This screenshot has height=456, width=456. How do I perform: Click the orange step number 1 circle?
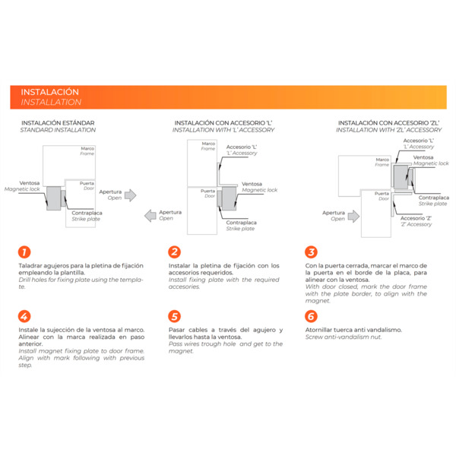coord(24,252)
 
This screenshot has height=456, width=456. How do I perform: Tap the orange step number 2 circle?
coord(174,252)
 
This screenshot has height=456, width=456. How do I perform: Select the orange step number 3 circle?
coord(311,252)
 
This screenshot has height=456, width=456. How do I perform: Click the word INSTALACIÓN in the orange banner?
coord(50,92)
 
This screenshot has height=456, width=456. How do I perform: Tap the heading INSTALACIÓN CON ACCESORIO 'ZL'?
coord(389,122)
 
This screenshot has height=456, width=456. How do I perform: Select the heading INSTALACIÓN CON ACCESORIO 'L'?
coord(224,122)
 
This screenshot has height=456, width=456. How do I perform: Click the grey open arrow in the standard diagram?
coord(130,195)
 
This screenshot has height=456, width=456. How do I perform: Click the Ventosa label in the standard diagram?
coord(30,183)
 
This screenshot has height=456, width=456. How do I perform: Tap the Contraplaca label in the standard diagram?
coord(87,213)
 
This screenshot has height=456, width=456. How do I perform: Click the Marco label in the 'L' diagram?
coord(208,143)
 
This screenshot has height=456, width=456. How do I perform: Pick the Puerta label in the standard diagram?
coord(87,183)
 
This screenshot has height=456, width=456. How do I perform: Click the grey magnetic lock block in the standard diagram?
coord(54,200)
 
